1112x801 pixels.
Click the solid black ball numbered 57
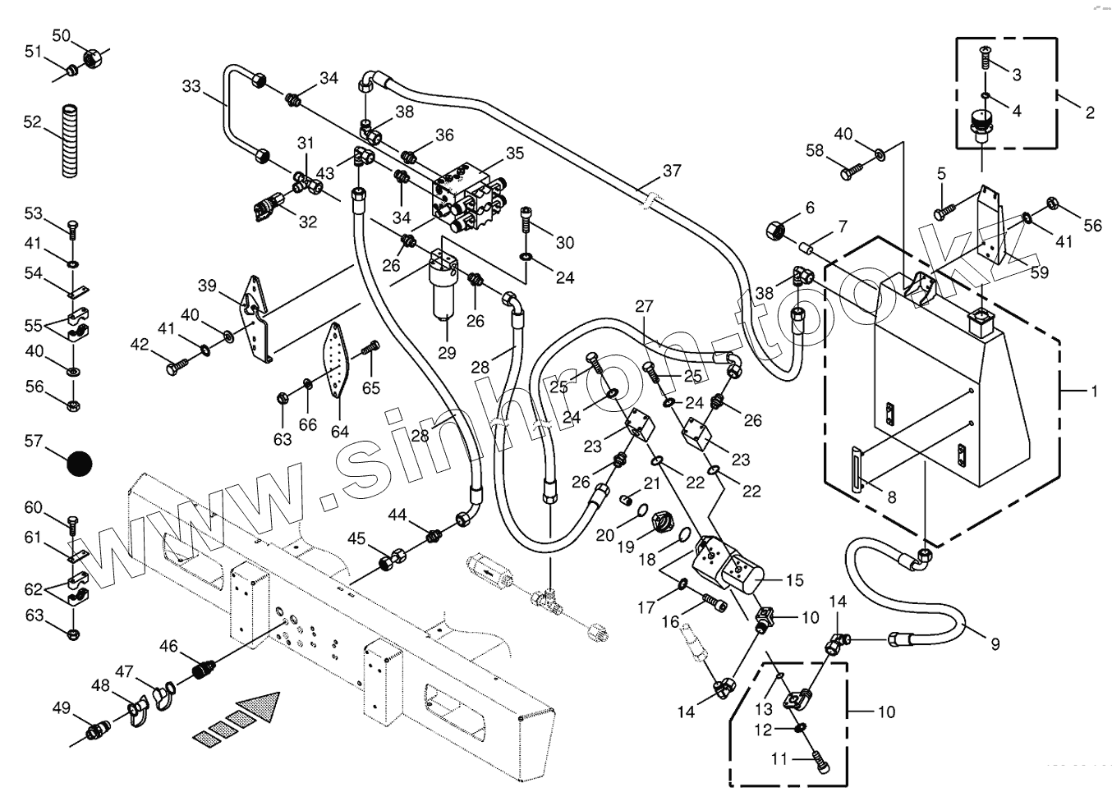tap(80, 465)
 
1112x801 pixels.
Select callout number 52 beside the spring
tap(32, 121)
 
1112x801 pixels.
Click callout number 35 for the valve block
tap(515, 153)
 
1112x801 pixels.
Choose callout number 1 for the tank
tap(1093, 391)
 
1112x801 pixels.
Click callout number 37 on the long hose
tap(672, 171)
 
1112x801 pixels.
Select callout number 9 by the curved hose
tap(995, 644)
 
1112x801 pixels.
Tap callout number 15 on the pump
tap(794, 580)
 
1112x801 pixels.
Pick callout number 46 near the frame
tap(168, 647)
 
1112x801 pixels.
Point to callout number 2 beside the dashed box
tap(1090, 112)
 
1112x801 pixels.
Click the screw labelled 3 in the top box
tap(986, 55)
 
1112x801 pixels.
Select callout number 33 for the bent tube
tap(191, 86)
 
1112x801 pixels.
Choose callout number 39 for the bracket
tap(207, 285)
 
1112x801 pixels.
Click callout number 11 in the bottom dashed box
tap(779, 759)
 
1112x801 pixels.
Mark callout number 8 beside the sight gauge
tap(891, 497)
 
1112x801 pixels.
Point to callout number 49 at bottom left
tap(61, 708)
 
